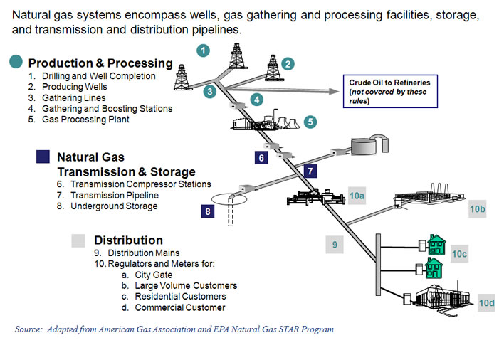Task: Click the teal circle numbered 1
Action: [x=204, y=50]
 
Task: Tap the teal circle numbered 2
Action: [x=288, y=64]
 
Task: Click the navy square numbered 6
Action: [x=262, y=157]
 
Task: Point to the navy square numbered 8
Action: [x=207, y=211]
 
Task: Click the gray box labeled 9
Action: [x=334, y=245]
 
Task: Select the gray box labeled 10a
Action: [x=357, y=195]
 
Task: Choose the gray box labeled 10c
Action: [x=459, y=253]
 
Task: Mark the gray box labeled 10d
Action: [x=486, y=303]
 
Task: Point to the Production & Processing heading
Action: [x=100, y=63]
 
